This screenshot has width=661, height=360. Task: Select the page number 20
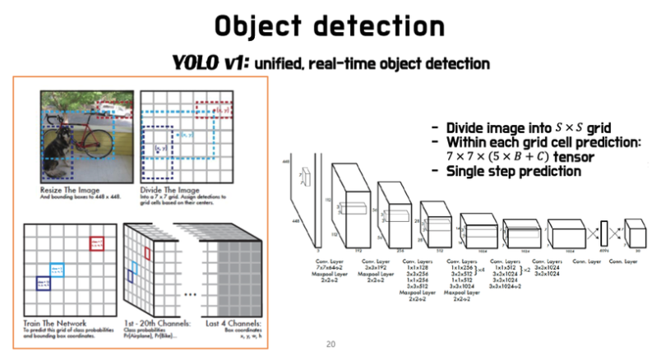coord(331,344)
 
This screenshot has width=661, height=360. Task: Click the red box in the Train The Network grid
coord(98,242)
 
